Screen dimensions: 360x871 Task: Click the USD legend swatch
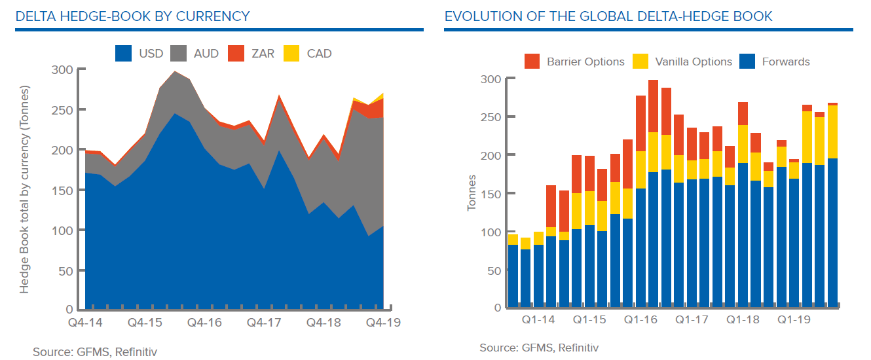[124, 54]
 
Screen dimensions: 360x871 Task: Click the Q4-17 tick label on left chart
[264, 323]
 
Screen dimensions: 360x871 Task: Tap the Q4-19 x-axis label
[382, 323]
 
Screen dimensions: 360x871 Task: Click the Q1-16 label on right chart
[640, 320]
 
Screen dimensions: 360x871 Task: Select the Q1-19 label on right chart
[794, 320]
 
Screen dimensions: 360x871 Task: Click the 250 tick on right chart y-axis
[491, 117]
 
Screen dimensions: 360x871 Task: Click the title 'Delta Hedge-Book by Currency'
[133, 16]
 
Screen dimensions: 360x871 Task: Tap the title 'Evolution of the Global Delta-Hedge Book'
[608, 16]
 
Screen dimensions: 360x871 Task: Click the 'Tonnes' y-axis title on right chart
[472, 194]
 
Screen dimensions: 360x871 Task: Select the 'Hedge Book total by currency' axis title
[25, 189]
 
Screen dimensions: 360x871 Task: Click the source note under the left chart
[95, 352]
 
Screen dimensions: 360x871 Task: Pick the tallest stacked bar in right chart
[653, 193]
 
